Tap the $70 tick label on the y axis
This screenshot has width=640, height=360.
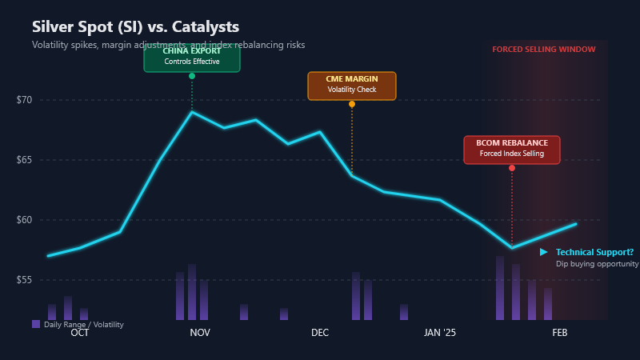click(x=24, y=100)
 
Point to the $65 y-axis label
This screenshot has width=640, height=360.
click(x=24, y=160)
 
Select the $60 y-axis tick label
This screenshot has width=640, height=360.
click(x=24, y=220)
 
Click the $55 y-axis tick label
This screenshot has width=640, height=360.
click(x=24, y=280)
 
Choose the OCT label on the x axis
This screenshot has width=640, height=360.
click(x=80, y=332)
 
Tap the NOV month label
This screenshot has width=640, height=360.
click(x=200, y=332)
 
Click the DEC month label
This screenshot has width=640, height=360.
click(x=320, y=332)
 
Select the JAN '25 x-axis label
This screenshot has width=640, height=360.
click(x=439, y=332)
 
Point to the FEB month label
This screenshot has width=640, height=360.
click(x=560, y=332)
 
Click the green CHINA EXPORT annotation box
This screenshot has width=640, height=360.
click(x=192, y=56)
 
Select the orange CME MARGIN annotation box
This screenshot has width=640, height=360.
click(x=352, y=85)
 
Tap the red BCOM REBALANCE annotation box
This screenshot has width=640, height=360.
click(x=512, y=149)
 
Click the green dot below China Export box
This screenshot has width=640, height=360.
click(x=192, y=76)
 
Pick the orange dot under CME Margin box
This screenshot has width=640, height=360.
click(x=352, y=104)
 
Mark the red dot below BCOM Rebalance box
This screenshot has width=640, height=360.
click(x=512, y=168)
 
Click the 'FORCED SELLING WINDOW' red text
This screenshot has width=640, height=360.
click(x=544, y=50)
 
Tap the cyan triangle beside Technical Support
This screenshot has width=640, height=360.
click(x=544, y=252)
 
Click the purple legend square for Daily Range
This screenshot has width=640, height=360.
click(x=36, y=324)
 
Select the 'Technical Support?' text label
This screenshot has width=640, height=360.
click(x=594, y=252)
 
